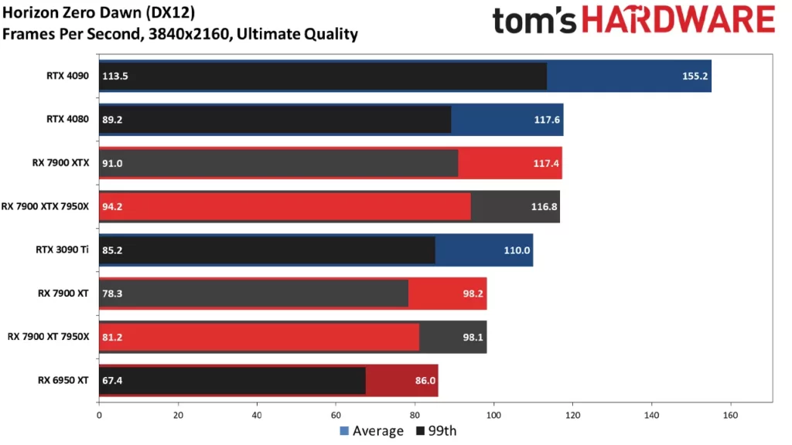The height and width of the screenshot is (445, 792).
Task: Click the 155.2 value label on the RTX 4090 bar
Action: [696, 76]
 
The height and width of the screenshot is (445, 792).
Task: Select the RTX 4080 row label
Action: [67, 120]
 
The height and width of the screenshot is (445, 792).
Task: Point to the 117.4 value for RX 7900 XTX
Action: [547, 163]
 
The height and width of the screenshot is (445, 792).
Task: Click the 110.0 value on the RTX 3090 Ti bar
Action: [517, 250]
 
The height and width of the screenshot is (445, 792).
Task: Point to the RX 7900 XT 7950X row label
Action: [49, 337]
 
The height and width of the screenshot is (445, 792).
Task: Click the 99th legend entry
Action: [436, 431]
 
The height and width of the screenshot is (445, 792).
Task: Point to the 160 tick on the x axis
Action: [730, 414]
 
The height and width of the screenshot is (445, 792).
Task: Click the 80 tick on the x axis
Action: [415, 414]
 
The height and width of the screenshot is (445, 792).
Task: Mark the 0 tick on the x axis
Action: [99, 414]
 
